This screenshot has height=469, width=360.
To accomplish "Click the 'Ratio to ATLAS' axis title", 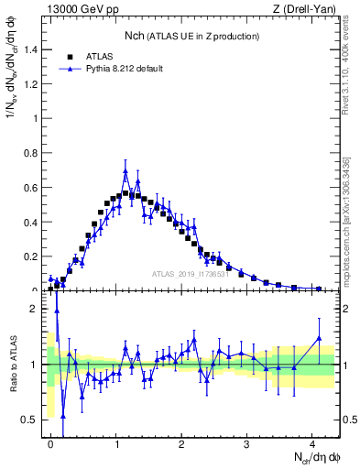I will pos(12,364).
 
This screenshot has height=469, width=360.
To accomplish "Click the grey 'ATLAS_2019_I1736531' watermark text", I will pos(191,274).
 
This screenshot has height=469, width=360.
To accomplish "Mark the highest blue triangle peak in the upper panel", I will pos(125,170).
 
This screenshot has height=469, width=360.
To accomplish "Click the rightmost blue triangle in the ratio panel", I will pos(319,338).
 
